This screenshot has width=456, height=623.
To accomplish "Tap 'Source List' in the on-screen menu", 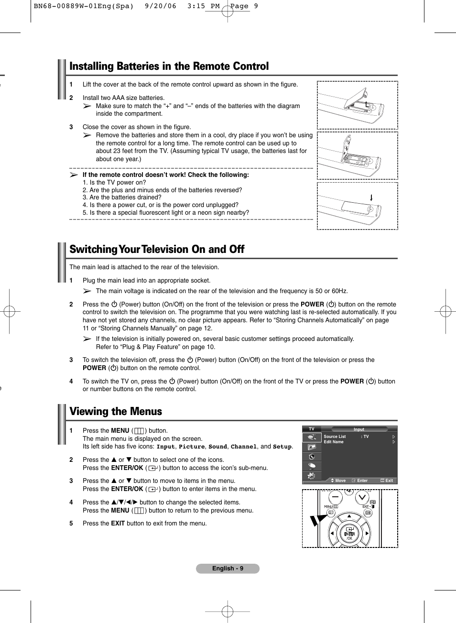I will point(335,437).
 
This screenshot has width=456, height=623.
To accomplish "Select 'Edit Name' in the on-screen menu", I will point(333,442).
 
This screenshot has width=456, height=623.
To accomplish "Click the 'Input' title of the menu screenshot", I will point(358,429).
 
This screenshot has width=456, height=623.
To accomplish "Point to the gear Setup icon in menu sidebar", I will point(312,476).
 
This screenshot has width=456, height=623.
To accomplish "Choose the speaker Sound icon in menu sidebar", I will point(312,457).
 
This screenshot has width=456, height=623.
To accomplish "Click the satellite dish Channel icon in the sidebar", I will point(312,466).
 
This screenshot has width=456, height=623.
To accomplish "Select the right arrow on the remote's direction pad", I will point(367,533).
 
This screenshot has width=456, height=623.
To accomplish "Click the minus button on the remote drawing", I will point(335,497).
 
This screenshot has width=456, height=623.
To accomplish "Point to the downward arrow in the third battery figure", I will point(371,197).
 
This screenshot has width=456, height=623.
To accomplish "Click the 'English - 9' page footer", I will point(228,568).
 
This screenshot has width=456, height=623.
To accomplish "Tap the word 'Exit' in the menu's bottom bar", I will point(389,481).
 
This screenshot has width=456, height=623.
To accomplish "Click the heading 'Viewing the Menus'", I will point(116,412).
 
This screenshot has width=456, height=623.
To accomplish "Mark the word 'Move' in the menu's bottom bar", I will point(340,481).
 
